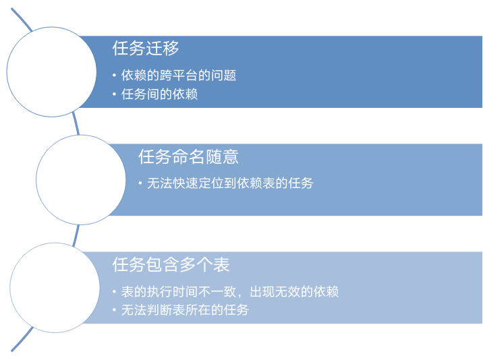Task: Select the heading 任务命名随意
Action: click(x=188, y=157)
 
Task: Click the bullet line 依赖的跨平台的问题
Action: click(x=178, y=76)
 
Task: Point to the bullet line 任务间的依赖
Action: click(x=159, y=94)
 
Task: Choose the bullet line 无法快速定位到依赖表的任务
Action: click(x=230, y=183)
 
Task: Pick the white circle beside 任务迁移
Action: click(x=53, y=71)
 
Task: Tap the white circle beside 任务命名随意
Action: click(x=81, y=179)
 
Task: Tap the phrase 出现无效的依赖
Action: click(x=294, y=292)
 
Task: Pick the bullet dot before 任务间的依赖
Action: click(x=115, y=94)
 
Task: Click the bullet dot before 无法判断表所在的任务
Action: click(x=115, y=310)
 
